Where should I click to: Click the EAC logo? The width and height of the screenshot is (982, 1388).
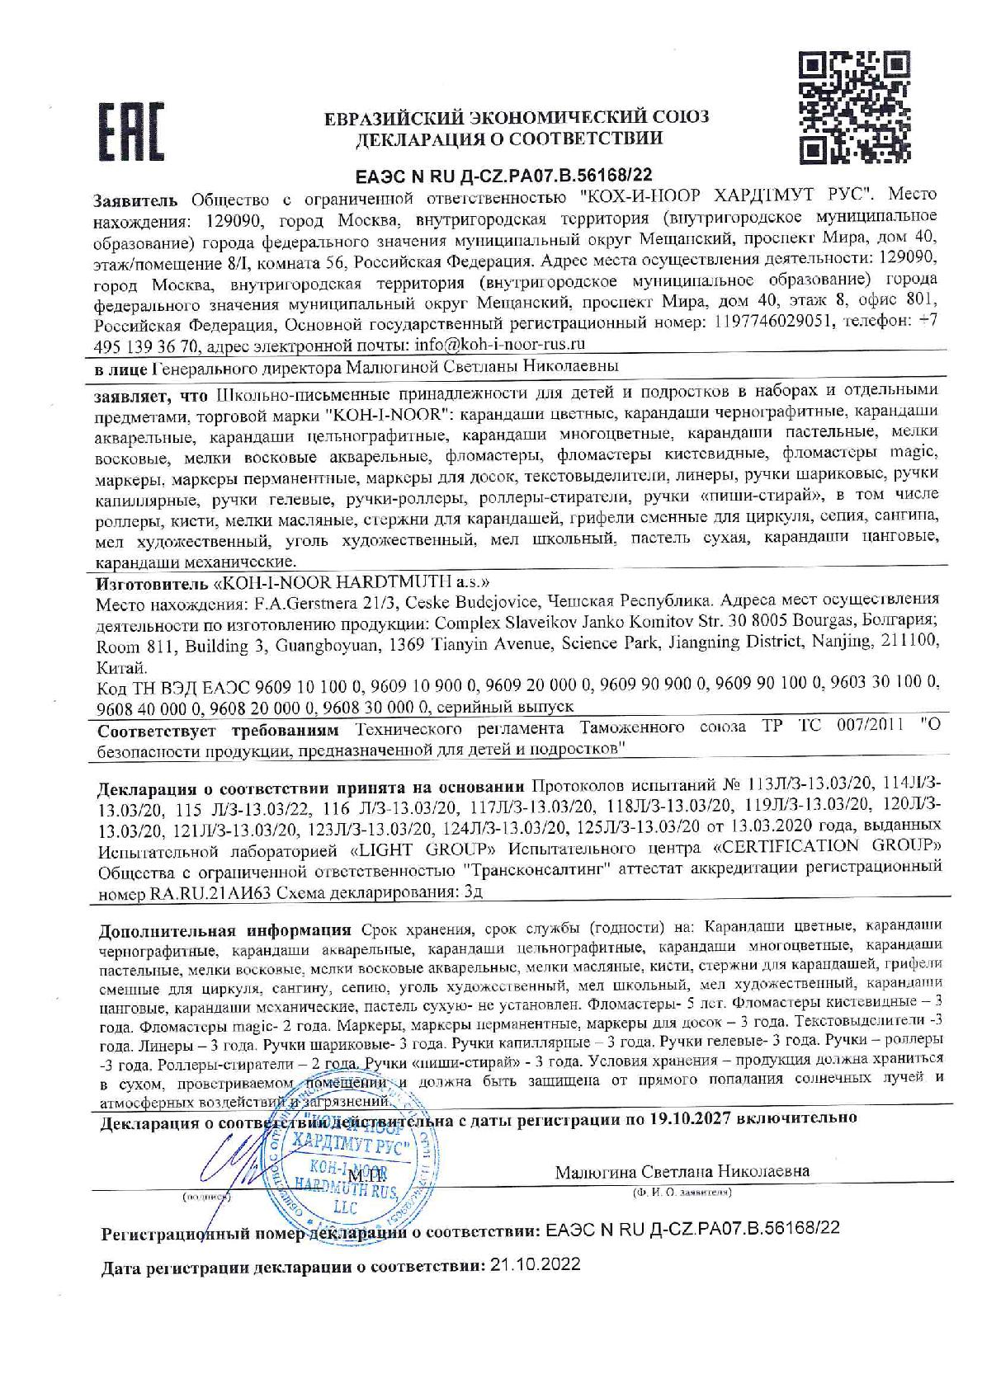(130, 131)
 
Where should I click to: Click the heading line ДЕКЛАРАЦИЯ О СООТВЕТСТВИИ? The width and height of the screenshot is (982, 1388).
(508, 139)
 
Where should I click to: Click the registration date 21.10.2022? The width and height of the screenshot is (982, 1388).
(535, 1264)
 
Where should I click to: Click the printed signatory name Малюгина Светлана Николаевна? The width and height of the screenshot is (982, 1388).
(682, 1170)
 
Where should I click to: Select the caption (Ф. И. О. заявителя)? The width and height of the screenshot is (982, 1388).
(682, 1193)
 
